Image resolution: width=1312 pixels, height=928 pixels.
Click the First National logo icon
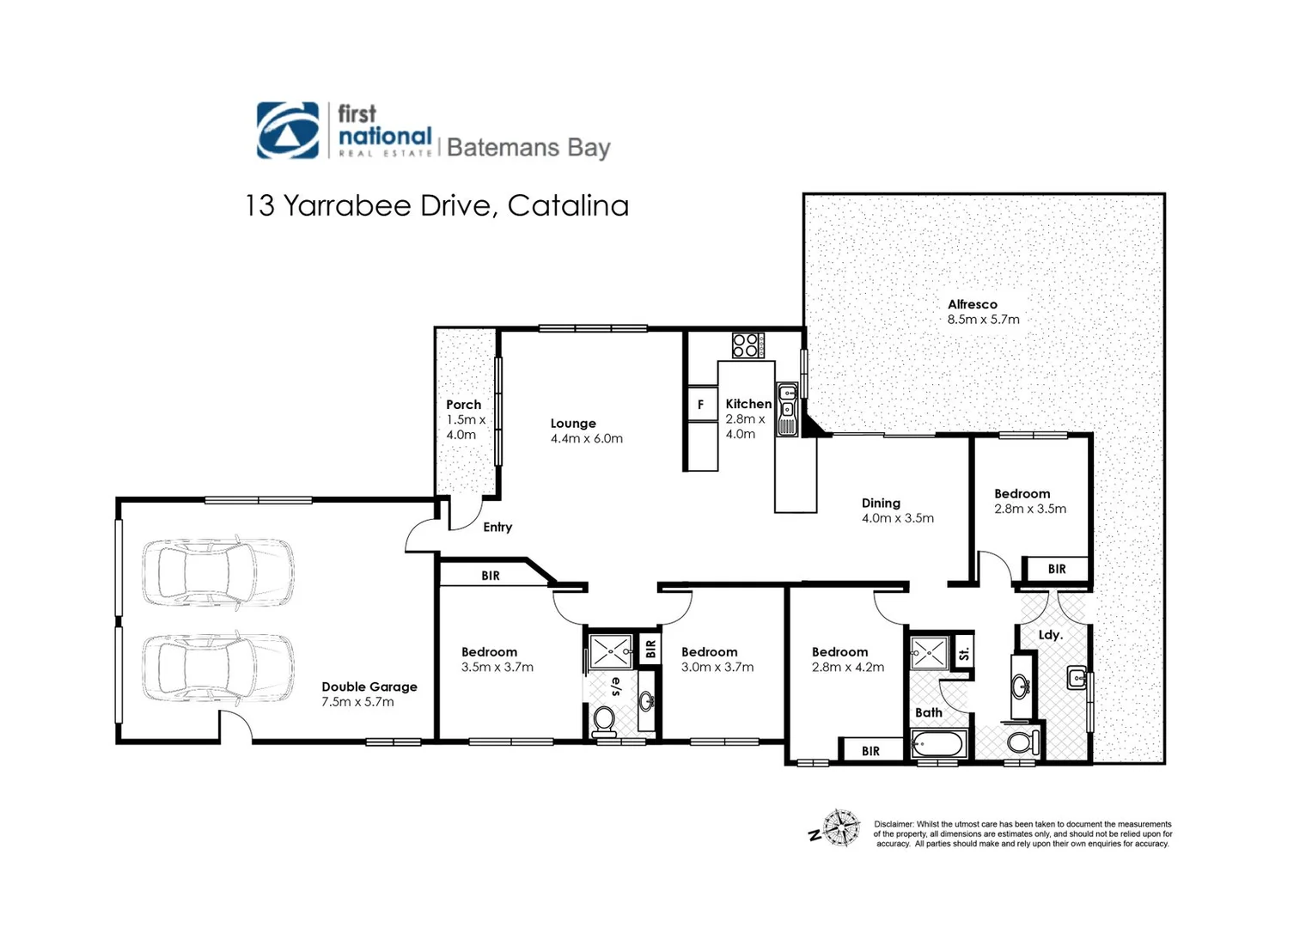coord(288,131)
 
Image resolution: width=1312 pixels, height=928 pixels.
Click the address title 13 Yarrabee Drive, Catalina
coord(436,206)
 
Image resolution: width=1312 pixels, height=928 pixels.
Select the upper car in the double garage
coord(218,571)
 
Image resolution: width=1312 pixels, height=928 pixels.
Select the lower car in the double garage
coord(218,668)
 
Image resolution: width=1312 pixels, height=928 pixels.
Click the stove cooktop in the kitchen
coord(746,345)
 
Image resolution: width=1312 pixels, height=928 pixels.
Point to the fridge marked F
coord(701,405)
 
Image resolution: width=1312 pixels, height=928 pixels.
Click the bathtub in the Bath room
coord(939,743)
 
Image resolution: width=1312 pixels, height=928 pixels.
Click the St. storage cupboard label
coord(964,653)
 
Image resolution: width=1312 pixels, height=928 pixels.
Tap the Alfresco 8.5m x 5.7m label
coord(983,312)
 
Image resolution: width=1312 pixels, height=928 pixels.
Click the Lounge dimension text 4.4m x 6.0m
coord(587,438)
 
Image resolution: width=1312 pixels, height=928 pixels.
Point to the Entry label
coord(497,527)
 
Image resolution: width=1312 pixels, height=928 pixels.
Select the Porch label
coord(463,405)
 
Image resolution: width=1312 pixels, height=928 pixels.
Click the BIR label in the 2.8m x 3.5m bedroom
coord(1057,569)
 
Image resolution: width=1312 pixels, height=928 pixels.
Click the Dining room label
coord(881,503)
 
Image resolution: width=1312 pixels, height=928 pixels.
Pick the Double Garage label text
coord(369,687)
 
